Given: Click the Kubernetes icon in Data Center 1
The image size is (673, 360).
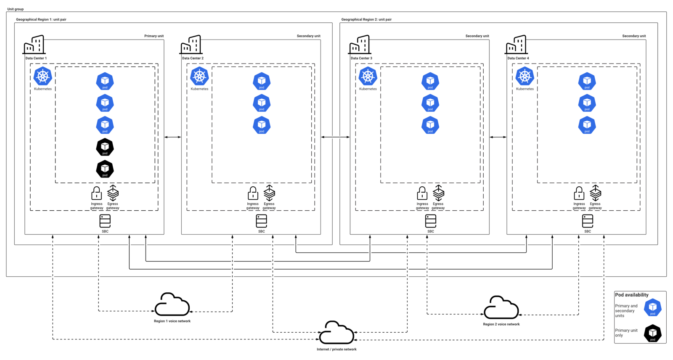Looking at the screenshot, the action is coord(42,76).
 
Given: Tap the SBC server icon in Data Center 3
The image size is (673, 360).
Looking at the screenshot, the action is coord(431,222).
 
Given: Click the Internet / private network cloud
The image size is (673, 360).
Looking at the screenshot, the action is coord(336,333).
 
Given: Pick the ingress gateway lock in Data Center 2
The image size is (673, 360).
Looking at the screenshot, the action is coord(253,193).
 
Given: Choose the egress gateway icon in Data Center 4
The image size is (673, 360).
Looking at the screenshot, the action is coord(595,193).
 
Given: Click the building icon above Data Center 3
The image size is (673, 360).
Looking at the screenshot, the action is coord(359,45).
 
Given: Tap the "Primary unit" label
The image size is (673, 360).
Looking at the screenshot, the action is coord(154,36).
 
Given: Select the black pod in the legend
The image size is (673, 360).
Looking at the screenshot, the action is coord(652,333).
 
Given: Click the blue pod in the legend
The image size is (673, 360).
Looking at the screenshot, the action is coord(652,307).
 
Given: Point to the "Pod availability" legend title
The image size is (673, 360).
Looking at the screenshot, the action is coord(631,295).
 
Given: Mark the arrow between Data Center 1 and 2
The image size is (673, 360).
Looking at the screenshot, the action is coord(173,137).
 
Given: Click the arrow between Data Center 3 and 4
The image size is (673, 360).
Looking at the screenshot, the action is coord(498,137).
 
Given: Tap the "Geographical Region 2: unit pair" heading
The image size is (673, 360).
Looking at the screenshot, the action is coord(366,19).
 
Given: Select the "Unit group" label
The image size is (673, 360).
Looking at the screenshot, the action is coord(15,9).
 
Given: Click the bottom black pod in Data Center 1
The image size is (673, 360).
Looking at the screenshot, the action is coord(105,169).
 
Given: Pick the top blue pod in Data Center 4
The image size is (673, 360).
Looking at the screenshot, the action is coord(587,81).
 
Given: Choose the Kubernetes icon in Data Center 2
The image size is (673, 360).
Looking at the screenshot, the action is coord(199,76).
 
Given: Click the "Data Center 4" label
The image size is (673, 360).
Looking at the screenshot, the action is coord(518,58).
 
